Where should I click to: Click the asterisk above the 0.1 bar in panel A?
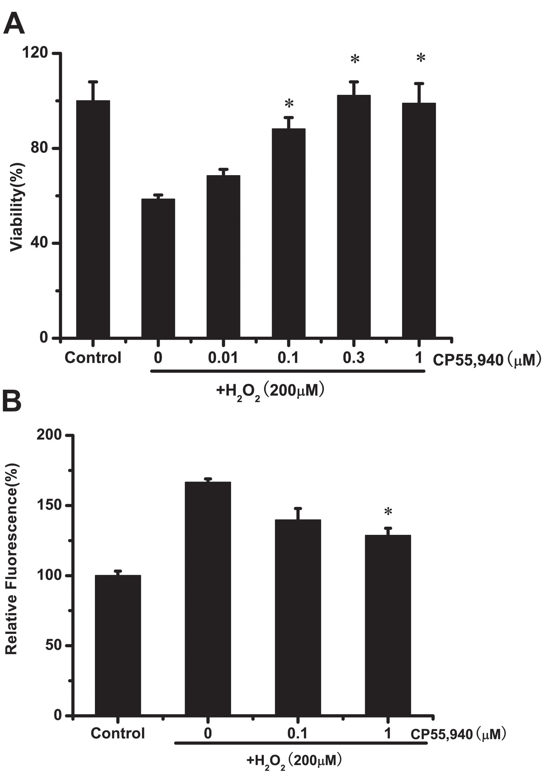289,104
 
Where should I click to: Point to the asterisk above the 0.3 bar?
354,60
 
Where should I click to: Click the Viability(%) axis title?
16,207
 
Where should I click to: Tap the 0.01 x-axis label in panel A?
223,358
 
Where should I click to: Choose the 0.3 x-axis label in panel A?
354,358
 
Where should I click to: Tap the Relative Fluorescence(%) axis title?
12,559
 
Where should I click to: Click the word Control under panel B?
118,733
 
